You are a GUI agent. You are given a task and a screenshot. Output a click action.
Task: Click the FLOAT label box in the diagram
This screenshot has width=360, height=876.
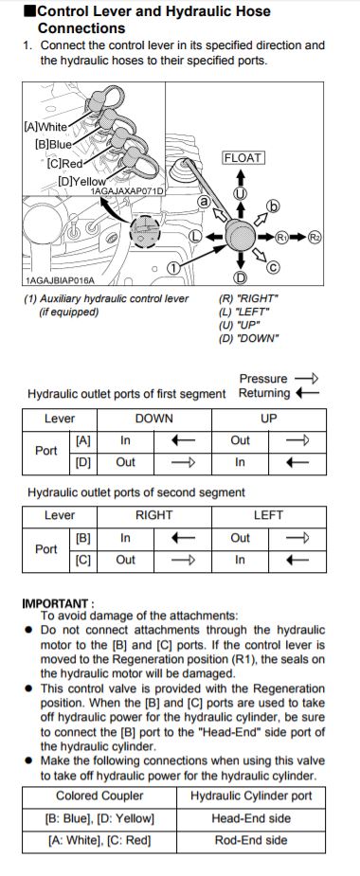coord(243,158)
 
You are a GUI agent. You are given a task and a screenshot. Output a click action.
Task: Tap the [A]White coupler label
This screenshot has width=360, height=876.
coord(45,126)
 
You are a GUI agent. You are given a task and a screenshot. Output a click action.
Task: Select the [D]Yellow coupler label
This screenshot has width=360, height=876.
coord(81,181)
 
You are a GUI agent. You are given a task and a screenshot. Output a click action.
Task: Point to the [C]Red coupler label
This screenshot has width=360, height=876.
coord(64,164)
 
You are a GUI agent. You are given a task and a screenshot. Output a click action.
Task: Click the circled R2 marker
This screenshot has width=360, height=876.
coord(315,237)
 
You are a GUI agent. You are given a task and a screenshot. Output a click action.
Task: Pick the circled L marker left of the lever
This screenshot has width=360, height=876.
coord(194,237)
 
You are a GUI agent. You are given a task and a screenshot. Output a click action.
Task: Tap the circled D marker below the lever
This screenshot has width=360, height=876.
coord(240,277)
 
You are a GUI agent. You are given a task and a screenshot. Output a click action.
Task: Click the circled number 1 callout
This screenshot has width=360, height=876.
coord(174,268)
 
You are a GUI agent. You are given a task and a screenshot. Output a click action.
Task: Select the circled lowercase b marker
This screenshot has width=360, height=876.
coord(274,206)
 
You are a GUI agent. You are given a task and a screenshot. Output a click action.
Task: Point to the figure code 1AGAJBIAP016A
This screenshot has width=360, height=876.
coord(60,280)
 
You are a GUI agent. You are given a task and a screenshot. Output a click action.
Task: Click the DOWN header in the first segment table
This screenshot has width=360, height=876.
coord(154,419)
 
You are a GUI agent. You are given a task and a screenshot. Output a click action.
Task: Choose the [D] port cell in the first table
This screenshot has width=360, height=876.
coord(82,462)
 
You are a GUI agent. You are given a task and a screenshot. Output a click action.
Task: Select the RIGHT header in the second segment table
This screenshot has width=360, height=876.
coord(154,515)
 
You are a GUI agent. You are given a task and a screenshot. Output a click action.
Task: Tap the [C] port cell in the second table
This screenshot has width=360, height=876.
coord(82,560)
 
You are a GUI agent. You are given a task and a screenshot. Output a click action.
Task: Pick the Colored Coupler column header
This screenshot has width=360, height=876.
coord(99,796)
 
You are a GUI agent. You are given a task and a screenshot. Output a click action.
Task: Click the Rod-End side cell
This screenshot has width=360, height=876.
coord(251,840)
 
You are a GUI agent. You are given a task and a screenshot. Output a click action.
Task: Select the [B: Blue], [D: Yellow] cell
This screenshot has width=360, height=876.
coord(99,818)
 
